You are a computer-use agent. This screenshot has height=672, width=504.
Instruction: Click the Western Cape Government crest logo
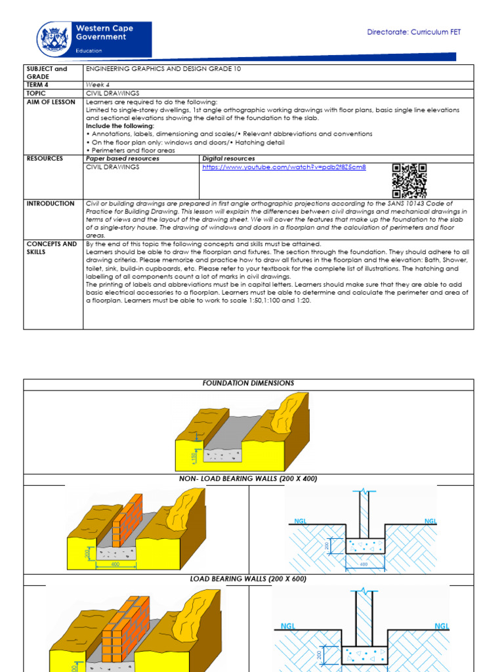pyautogui.click(x=54, y=39)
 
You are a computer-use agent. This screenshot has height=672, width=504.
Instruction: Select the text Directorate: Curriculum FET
pyautogui.click(x=413, y=32)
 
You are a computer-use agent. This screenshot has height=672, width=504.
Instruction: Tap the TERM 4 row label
pyautogui.click(x=37, y=85)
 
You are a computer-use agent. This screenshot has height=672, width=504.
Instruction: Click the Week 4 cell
pyautogui.click(x=96, y=85)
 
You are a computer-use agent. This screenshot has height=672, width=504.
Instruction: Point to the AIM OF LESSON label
pyautogui.click(x=51, y=102)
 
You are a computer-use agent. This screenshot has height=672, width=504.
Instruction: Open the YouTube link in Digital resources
pyautogui.click(x=284, y=167)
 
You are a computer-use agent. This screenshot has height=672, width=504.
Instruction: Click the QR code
pyautogui.click(x=409, y=180)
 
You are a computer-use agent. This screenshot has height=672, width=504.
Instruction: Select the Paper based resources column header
pyautogui.click(x=123, y=159)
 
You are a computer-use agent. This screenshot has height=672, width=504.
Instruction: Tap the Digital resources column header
pyautogui.click(x=229, y=159)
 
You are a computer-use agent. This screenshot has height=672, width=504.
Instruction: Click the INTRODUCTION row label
pyautogui.click(x=51, y=204)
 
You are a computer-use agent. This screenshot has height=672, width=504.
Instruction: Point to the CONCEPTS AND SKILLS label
pyautogui.click(x=51, y=247)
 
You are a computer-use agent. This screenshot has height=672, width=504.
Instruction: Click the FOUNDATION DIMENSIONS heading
pyautogui.click(x=248, y=383)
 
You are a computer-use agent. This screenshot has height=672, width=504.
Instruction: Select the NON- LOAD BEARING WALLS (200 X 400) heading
pyautogui.click(x=248, y=479)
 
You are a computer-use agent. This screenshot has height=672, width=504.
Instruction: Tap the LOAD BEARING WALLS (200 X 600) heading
pyautogui.click(x=248, y=579)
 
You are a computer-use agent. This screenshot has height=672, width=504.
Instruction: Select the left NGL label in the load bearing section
pyautogui.click(x=288, y=626)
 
